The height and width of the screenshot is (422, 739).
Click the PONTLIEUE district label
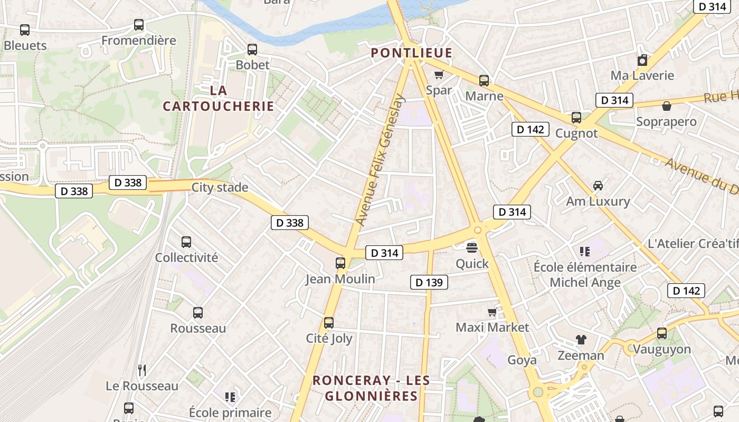click(x=411, y=53)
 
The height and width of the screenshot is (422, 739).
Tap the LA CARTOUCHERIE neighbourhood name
click(x=219, y=98)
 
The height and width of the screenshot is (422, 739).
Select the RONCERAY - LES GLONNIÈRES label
click(x=371, y=388)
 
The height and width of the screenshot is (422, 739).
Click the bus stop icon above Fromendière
click(x=139, y=24)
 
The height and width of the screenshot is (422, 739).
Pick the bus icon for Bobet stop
click(x=252, y=50)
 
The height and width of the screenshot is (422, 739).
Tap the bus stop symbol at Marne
click(x=484, y=81)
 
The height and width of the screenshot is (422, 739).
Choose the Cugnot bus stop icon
click(x=576, y=118)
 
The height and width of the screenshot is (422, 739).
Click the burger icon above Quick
click(x=472, y=247)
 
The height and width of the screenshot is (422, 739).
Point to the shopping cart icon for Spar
click(x=439, y=74)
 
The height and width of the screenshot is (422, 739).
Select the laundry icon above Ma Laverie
click(x=642, y=60)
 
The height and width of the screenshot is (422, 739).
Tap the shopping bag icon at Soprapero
click(x=667, y=106)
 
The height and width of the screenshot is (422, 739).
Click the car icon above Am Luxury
click(x=598, y=185)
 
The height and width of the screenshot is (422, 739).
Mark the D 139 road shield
click(x=429, y=282)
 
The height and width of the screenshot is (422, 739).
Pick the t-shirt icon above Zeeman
click(x=581, y=340)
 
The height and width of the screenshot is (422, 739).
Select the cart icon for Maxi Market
click(x=492, y=312)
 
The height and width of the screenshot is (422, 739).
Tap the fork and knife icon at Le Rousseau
click(x=142, y=370)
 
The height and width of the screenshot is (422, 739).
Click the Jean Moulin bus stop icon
click(x=340, y=263)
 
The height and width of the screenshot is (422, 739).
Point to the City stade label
click(x=220, y=187)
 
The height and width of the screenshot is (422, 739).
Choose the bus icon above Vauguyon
click(x=662, y=333)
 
